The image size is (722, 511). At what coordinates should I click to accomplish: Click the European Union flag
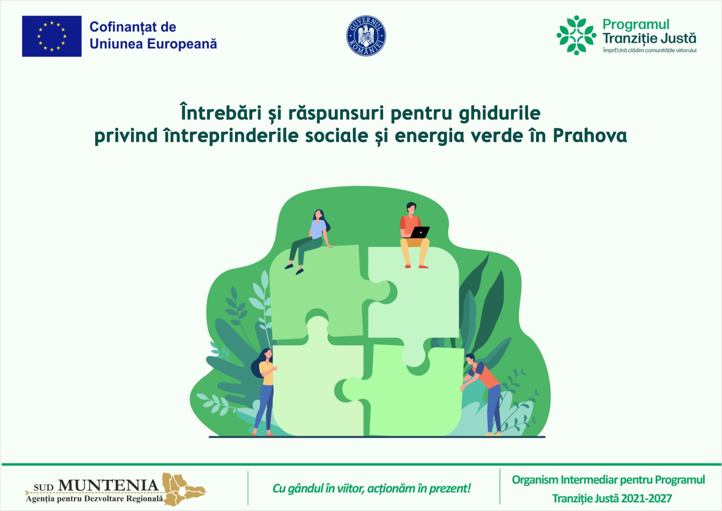[x=51, y=36]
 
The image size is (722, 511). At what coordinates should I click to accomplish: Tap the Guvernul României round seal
[x=366, y=36]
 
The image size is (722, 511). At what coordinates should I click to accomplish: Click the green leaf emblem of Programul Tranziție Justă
[x=576, y=35]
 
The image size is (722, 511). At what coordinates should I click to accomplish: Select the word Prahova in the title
[x=590, y=136]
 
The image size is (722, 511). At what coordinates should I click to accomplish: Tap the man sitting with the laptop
[x=415, y=235]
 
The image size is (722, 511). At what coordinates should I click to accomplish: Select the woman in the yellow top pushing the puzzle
[x=264, y=392]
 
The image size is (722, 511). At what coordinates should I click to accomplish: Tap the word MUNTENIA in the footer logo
[x=109, y=485]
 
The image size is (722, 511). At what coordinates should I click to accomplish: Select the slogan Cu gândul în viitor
[x=372, y=488]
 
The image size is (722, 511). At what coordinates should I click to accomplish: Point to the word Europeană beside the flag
[x=182, y=44]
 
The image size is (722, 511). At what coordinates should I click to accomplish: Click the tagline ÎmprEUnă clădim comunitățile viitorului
[x=650, y=50]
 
